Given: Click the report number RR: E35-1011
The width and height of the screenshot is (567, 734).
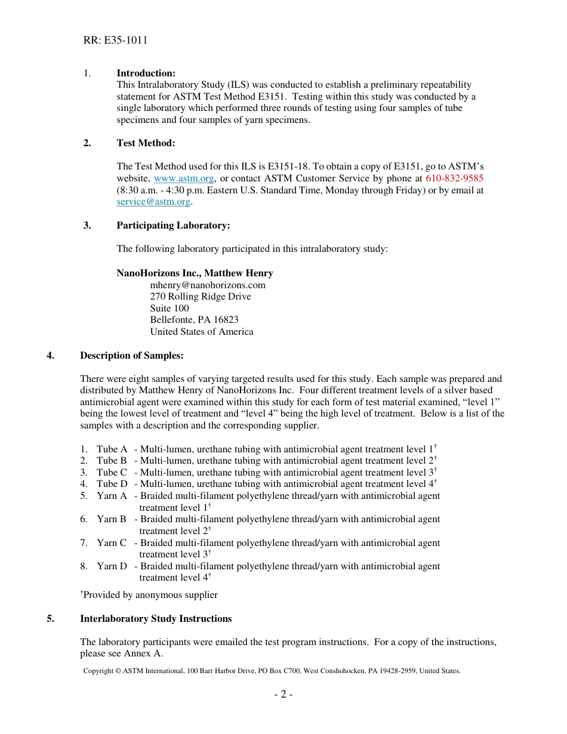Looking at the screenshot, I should (x=115, y=41).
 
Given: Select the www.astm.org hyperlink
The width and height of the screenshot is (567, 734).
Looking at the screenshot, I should (x=184, y=178).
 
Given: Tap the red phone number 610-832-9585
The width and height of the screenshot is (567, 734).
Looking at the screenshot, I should (x=454, y=178).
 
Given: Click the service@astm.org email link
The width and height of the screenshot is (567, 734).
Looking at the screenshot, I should (x=153, y=202).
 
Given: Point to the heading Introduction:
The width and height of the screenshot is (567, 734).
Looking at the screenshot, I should (x=146, y=73).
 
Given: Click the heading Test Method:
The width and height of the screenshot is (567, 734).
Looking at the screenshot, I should (x=146, y=143).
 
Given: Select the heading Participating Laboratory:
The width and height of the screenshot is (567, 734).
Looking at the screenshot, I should (x=173, y=226).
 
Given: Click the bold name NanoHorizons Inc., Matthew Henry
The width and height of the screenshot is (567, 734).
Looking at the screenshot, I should (x=195, y=273).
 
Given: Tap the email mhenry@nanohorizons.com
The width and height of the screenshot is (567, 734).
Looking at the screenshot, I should (x=208, y=285).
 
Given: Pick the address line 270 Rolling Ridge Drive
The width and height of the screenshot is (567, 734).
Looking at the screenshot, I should (x=200, y=297).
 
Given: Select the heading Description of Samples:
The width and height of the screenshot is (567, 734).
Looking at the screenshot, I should (x=131, y=356).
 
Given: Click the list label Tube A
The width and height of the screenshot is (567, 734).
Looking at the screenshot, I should (x=112, y=449).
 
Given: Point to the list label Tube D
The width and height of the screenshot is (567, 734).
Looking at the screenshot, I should (x=112, y=484).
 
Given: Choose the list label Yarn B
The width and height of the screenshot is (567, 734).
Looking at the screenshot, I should (x=112, y=519).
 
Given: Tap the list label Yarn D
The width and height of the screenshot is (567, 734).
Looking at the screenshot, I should (x=112, y=566).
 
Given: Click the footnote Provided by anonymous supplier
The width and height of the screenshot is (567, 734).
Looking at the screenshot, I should (x=150, y=595).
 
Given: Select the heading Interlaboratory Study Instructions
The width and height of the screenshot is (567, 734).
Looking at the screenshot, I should (x=156, y=619).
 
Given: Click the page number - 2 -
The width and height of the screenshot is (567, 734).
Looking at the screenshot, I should (x=283, y=694).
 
